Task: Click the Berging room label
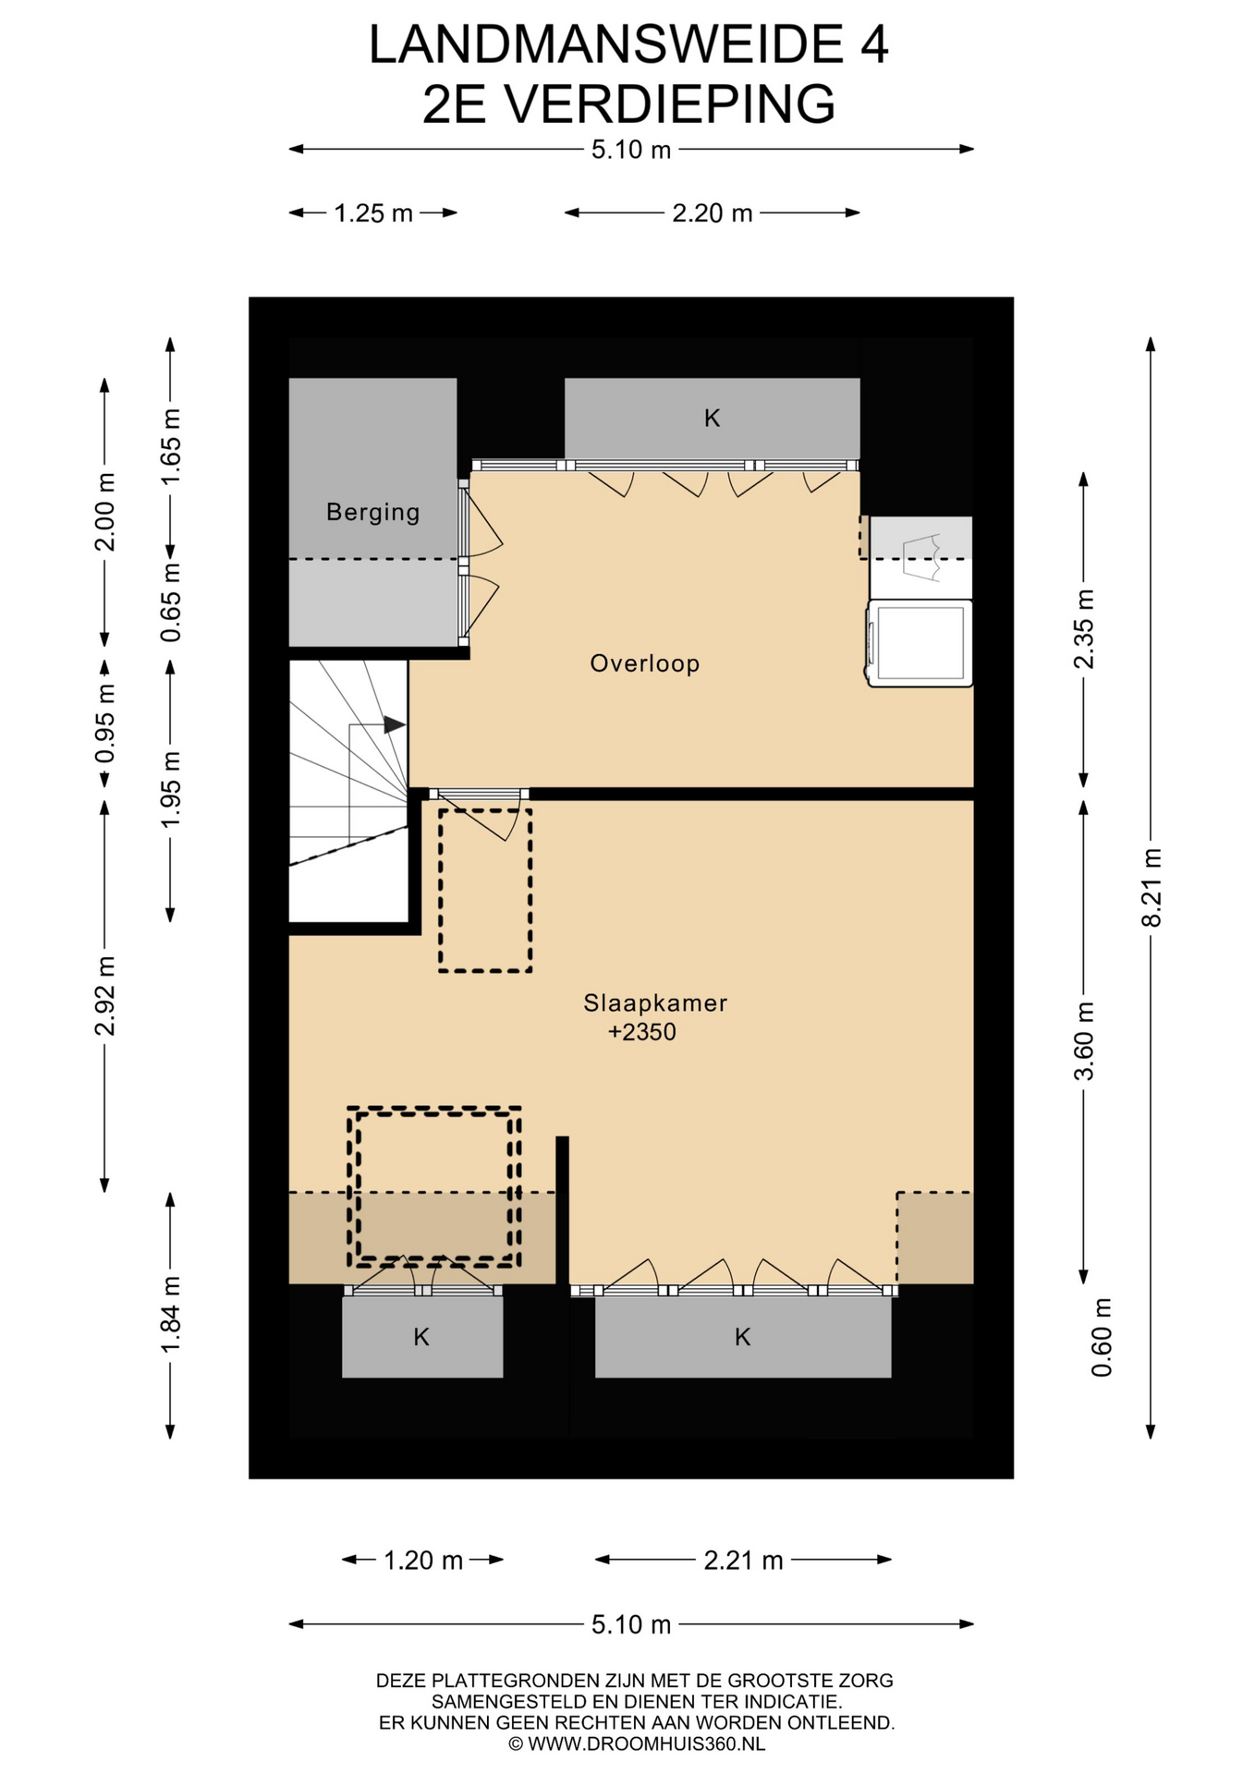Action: coord(372,513)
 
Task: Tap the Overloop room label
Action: coord(645,663)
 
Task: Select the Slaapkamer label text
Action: coord(655,1003)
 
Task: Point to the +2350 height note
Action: coord(642,1032)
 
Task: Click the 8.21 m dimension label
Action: coord(1151,887)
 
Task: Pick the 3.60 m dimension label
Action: coord(1084,1040)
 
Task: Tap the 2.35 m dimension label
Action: coord(1084,629)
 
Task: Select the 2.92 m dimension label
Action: coord(105,996)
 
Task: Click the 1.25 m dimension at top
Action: coord(373,213)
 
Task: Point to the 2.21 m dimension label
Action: coord(743,1561)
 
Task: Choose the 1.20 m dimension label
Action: coord(423,1561)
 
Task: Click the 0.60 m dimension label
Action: coord(1102,1337)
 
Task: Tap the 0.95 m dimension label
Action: coord(105,723)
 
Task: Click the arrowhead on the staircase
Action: coord(395,724)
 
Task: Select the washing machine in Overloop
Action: coord(920,644)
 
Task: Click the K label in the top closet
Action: coord(712,419)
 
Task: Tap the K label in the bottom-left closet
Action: coord(421,1337)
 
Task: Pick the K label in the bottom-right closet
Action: coord(742,1337)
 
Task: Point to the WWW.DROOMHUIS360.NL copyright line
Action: coord(637,1744)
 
